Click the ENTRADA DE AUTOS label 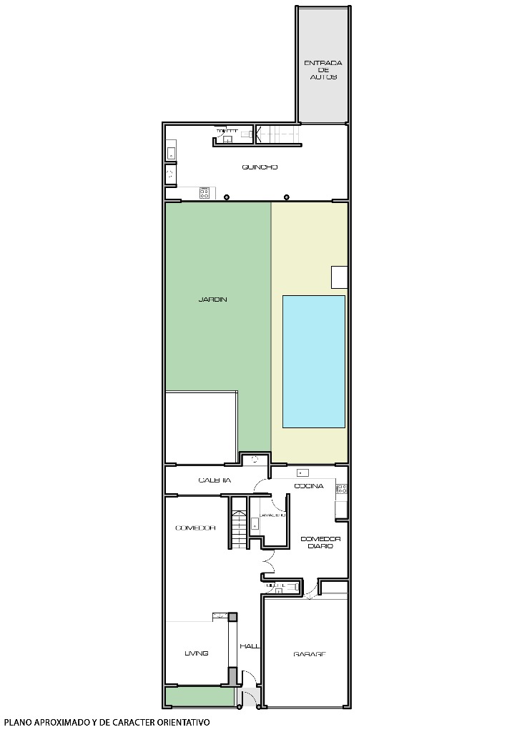click(323, 69)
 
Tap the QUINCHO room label click(260, 167)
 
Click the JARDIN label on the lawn click(212, 300)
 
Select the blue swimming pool click(313, 362)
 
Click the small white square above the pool click(339, 276)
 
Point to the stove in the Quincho click(205, 192)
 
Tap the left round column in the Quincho click(227, 197)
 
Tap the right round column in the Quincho click(287, 197)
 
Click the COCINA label click(309, 486)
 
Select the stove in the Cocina click(342, 489)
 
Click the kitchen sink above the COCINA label click(302, 473)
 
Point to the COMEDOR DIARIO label click(320, 542)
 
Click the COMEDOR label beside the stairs click(195, 528)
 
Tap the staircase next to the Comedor click(238, 524)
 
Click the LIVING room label click(196, 653)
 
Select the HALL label click(250, 646)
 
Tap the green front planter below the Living click(200, 696)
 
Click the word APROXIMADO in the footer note click(59, 723)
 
